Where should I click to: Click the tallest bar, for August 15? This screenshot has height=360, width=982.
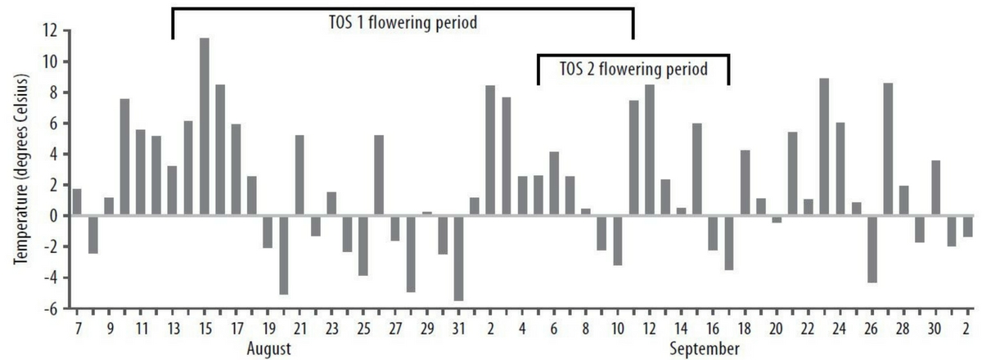[x=204, y=127]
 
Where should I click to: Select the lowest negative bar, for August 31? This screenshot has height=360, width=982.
[x=458, y=259]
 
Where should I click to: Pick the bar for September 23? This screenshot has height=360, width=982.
[x=824, y=147]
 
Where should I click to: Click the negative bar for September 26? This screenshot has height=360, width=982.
[x=872, y=250]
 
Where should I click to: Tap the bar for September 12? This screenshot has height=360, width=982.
[x=650, y=151]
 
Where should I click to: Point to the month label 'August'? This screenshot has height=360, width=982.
[x=269, y=349]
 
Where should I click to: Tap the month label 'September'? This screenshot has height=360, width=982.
[x=705, y=349]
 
